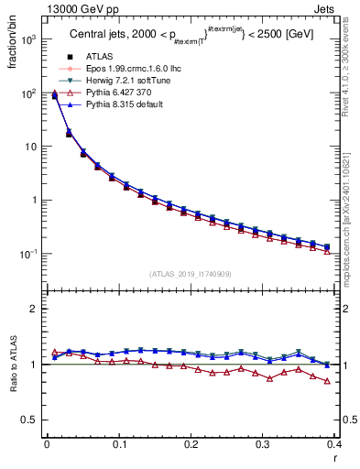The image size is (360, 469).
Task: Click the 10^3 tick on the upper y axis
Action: (30, 40)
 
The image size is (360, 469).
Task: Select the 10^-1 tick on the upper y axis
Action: (30, 254)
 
